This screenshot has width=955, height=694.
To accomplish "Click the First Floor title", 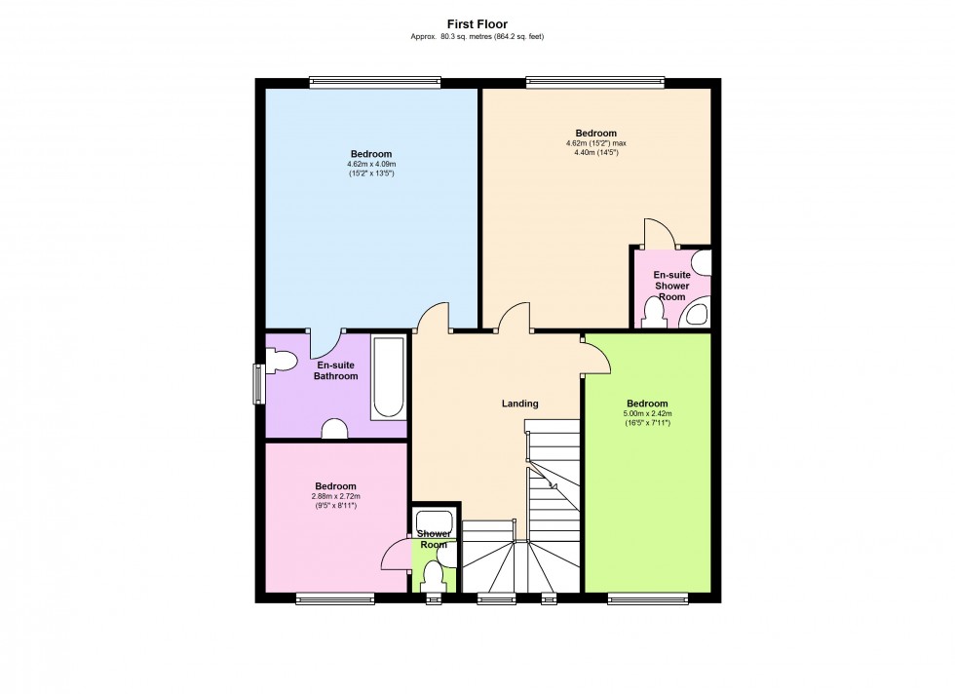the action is click(477, 24).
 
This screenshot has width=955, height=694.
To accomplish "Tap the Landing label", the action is click(519, 404).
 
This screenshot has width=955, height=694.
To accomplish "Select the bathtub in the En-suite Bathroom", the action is click(388, 377).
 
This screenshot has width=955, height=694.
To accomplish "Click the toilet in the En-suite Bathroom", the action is click(282, 361).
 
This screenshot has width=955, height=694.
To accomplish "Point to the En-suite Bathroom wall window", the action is click(259, 384).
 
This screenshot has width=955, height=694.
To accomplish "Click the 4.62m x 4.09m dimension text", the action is click(371, 164).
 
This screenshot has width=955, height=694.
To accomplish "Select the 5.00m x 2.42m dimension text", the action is click(647, 413).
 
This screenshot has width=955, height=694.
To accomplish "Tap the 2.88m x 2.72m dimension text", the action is click(335, 496).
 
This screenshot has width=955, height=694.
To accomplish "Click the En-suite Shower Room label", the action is click(671, 286).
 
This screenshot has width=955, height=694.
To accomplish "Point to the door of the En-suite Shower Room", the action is click(659, 233).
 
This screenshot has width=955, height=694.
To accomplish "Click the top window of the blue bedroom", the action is click(374, 82).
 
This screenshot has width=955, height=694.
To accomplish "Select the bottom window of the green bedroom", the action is click(648, 598).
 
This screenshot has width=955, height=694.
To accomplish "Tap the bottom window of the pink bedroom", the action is click(335, 598).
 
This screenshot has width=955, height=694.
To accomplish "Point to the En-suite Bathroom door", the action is click(326, 344).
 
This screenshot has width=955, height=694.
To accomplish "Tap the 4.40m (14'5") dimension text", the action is click(596, 153).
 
